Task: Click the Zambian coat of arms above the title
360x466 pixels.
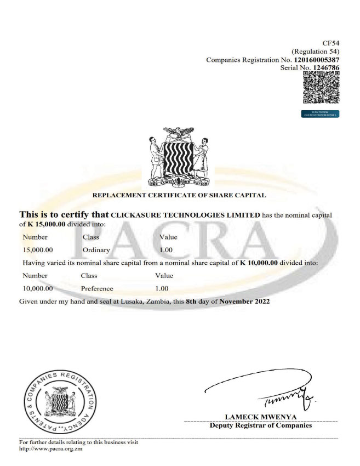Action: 179,156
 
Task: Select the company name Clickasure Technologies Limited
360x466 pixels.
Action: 185,215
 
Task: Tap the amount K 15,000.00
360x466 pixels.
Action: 47,224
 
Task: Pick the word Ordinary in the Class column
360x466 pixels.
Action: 96,250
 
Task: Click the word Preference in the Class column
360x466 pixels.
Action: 97,288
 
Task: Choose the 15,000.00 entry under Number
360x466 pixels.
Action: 38,250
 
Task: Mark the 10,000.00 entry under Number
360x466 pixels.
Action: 38,288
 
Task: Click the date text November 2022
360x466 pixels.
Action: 245,302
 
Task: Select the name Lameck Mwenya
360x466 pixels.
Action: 260,417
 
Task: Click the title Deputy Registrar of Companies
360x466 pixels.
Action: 261,425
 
